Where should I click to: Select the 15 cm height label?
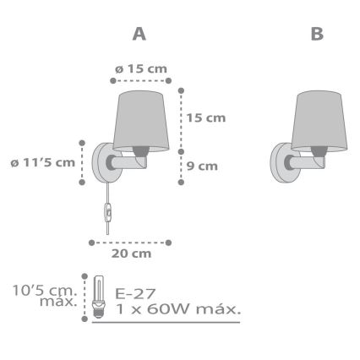click(205, 118)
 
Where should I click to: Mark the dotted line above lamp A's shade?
click(141, 80)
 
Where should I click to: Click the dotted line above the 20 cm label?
click(131, 240)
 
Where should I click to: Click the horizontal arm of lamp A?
click(127, 160)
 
